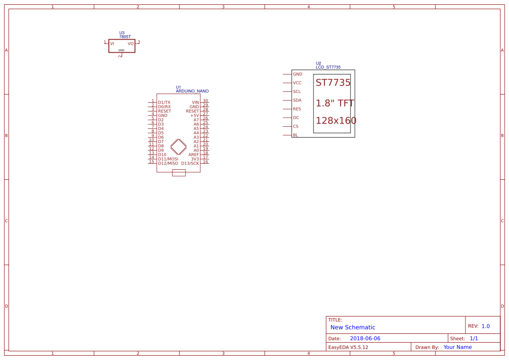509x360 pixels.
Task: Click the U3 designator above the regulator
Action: point(122,33)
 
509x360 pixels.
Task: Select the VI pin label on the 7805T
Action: point(112,44)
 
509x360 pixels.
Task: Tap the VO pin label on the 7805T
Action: point(131,44)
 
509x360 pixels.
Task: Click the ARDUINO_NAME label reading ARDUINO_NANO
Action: point(192,91)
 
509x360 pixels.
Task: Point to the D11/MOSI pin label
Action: point(168,159)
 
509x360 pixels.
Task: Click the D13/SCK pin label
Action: point(190,163)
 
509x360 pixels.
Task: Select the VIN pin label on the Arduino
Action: point(195,102)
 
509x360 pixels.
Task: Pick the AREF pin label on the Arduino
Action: point(193,155)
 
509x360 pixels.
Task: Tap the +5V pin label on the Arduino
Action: point(194,115)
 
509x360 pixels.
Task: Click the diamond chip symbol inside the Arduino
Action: point(179,147)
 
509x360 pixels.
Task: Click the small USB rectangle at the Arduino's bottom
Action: point(179,173)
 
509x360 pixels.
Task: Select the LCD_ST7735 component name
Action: point(328,67)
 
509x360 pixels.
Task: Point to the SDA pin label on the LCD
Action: point(297,100)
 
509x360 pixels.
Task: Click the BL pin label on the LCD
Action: point(296,135)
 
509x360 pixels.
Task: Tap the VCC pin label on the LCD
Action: point(297,83)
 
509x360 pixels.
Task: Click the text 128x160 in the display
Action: point(336,121)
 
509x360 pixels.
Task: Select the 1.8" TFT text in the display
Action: point(334,103)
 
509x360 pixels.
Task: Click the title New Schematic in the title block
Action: point(353,327)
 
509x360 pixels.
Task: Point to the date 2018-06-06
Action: point(365,338)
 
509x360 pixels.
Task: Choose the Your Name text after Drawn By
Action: point(457,347)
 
